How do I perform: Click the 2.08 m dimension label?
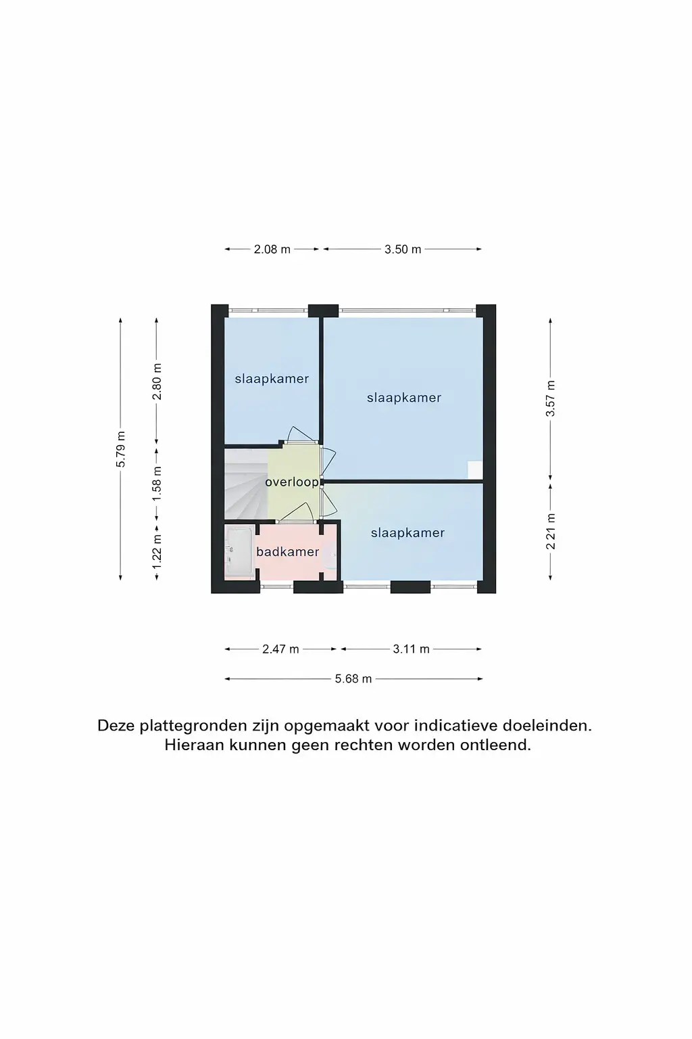(x=272, y=250)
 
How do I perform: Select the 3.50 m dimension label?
(x=403, y=250)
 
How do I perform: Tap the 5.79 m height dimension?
(x=121, y=449)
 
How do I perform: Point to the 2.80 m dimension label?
(x=157, y=382)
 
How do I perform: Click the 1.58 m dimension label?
(x=157, y=483)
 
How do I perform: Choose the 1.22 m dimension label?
(x=157, y=550)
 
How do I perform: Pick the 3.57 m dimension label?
(x=551, y=398)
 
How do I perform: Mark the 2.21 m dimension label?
(x=551, y=531)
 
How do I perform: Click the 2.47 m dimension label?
(x=280, y=649)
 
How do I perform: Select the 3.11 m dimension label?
(x=411, y=649)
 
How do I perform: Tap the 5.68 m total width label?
(x=353, y=678)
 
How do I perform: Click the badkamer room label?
(x=287, y=552)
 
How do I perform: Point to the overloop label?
(x=291, y=482)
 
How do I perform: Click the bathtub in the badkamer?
(x=239, y=552)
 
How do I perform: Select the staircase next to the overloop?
(x=245, y=484)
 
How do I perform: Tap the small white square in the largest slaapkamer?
(x=475, y=469)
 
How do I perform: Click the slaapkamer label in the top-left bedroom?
(x=272, y=379)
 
